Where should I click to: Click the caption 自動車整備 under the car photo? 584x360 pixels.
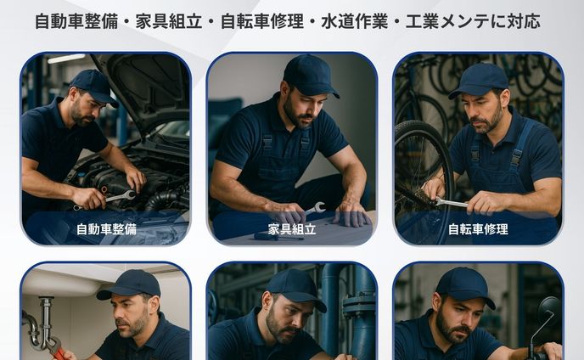click(x=106, y=229)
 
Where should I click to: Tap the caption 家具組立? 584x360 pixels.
click(x=292, y=229)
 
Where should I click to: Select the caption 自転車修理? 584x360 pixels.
click(x=477, y=229)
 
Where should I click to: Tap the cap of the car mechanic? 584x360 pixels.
click(x=93, y=83)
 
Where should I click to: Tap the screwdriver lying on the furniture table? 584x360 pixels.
click(x=276, y=237)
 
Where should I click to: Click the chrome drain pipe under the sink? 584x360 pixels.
click(x=39, y=327)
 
